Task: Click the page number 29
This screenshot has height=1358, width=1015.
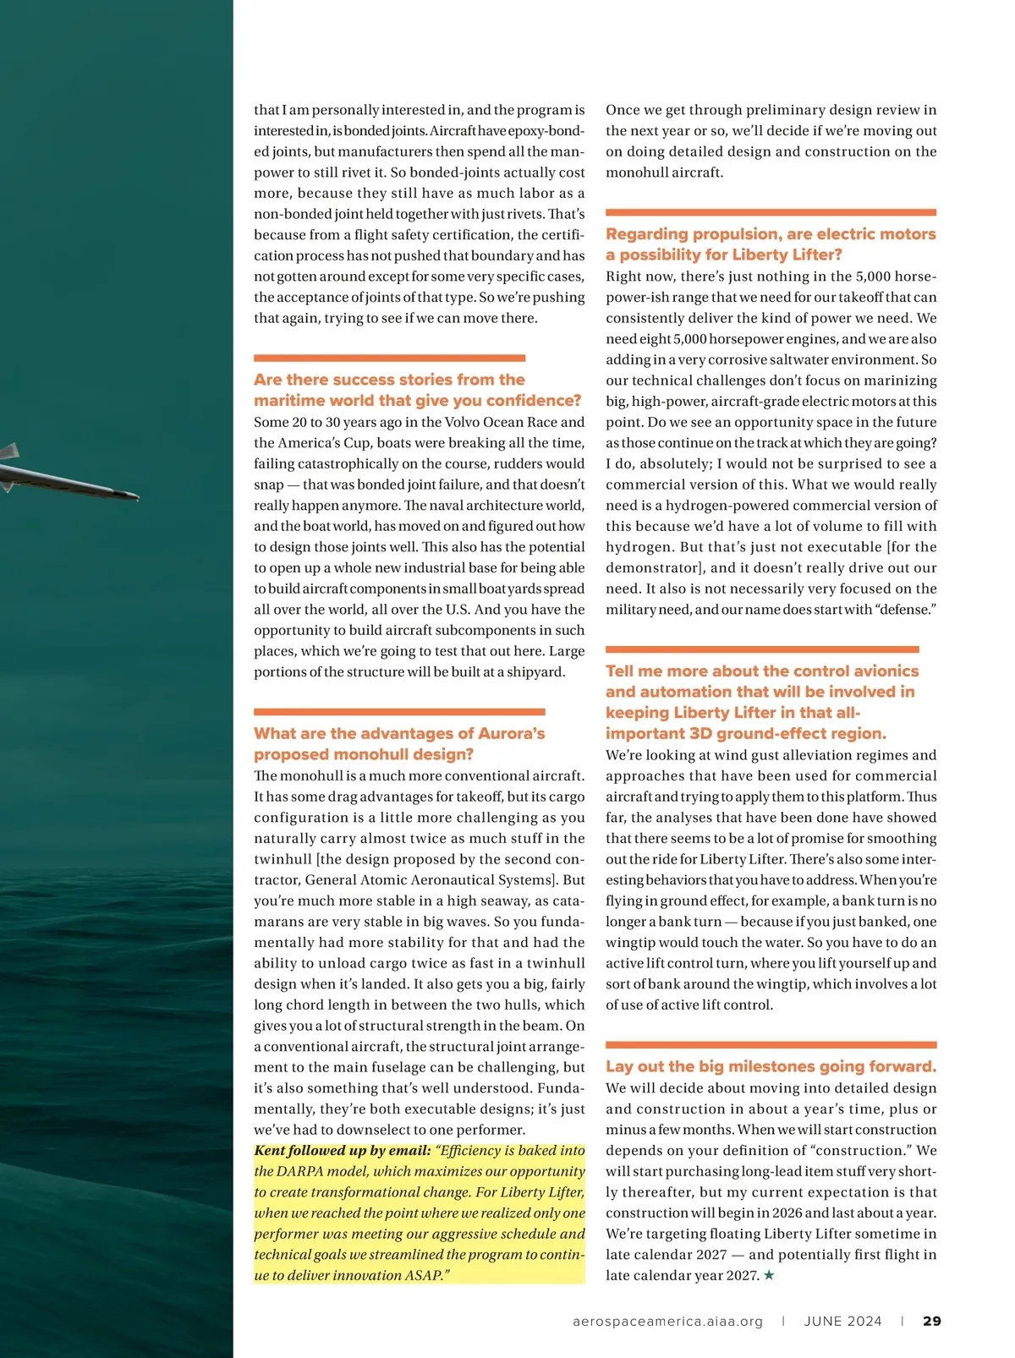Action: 931,1321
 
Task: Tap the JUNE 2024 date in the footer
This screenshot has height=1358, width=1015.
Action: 842,1321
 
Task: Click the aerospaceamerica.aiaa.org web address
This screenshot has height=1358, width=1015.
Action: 667,1321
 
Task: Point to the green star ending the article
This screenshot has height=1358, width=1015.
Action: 769,1275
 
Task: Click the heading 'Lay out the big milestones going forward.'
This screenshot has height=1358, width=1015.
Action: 771,1066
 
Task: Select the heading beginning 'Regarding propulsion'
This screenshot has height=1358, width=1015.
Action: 771,244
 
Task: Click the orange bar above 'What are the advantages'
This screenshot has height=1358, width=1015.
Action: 399,712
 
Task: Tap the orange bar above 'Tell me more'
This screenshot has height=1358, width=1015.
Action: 762,649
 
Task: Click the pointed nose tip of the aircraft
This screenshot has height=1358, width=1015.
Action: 136,496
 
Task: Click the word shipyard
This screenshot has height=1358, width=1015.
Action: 535,671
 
